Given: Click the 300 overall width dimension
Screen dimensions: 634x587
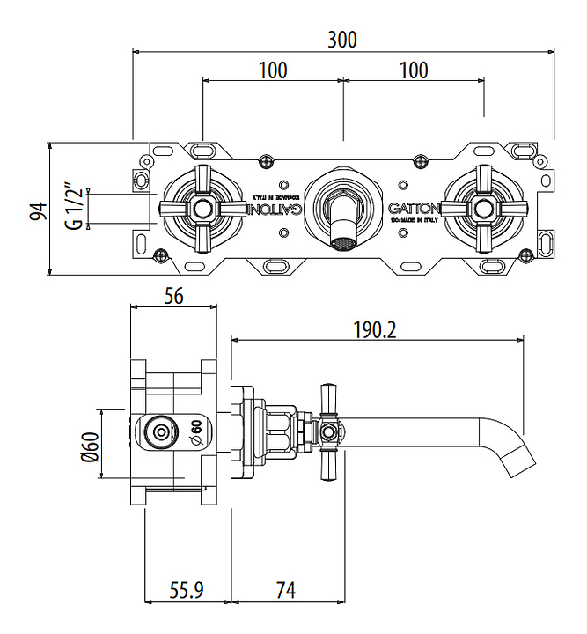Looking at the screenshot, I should [342, 41].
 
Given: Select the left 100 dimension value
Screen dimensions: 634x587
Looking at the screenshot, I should [273, 70].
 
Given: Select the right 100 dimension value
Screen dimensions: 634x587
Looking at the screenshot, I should [413, 70].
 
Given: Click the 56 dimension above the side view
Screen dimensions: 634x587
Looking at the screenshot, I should [173, 297].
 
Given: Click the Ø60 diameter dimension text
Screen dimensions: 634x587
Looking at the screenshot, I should [88, 446].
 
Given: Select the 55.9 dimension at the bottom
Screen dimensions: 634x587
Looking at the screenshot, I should [186, 589].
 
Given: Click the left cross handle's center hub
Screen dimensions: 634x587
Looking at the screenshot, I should [202, 209].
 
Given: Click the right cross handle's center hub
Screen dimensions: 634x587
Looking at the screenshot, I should [483, 209].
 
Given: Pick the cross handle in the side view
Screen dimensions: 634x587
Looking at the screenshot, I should [329, 431].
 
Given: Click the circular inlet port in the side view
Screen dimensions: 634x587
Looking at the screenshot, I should [160, 432].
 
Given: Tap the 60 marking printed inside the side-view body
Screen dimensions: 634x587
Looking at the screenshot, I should [196, 432].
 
